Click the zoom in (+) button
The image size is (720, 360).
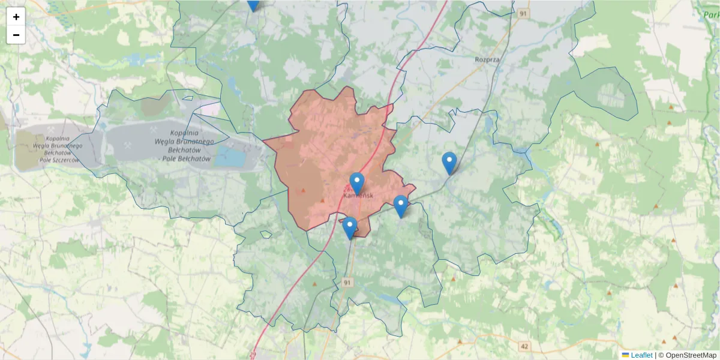[16, 17]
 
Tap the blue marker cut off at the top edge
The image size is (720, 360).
[253, 4]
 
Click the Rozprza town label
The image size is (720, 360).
[487, 59]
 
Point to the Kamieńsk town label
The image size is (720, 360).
[358, 196]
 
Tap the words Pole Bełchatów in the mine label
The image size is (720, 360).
[186, 158]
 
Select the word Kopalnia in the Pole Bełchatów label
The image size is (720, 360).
[184, 133]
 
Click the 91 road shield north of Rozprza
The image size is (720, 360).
[524, 13]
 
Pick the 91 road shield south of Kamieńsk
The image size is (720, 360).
[347, 281]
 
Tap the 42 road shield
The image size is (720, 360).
[525, 346]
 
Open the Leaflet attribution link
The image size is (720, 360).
[641, 355]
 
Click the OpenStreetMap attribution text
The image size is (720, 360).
[691, 355]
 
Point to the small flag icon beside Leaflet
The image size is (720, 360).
[625, 355]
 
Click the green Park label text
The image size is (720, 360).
[710, 15]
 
